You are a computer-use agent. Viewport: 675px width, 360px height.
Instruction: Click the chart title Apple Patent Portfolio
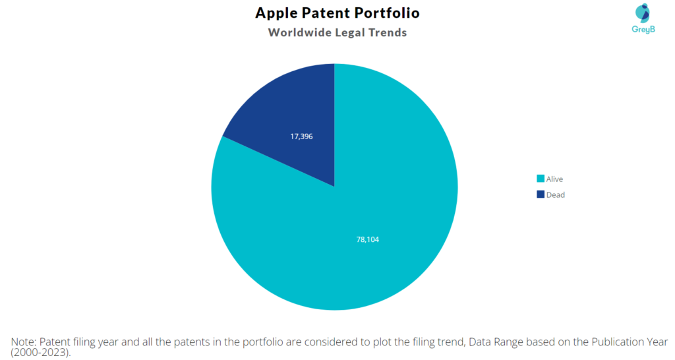pyautogui.click(x=337, y=13)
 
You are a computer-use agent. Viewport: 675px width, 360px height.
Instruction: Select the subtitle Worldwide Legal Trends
pyautogui.click(x=337, y=32)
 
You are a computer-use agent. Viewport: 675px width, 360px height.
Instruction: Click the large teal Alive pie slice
pyautogui.click(x=369, y=218)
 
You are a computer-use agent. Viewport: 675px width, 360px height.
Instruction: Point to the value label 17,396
pyautogui.click(x=301, y=136)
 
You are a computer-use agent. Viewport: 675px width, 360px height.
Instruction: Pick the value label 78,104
pyautogui.click(x=367, y=239)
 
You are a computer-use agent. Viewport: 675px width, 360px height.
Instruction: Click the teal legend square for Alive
pyautogui.click(x=541, y=179)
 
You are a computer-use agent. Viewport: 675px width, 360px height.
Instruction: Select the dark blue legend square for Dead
pyautogui.click(x=541, y=195)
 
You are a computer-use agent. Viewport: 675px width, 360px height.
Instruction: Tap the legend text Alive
pyautogui.click(x=554, y=179)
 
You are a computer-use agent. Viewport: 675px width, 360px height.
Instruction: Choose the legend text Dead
pyautogui.click(x=555, y=195)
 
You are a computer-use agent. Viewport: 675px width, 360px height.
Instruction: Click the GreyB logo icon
pyautogui.click(x=641, y=14)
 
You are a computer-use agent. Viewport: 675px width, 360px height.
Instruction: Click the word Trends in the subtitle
pyautogui.click(x=387, y=32)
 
